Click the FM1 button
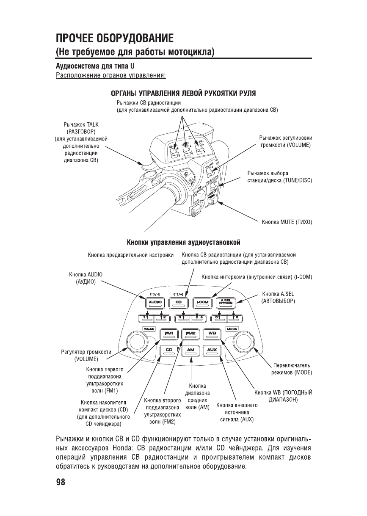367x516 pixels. pos(169,334)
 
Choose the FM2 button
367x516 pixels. pos(190,334)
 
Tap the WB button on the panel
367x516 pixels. pos(212,334)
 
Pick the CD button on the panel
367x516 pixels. pos(169,351)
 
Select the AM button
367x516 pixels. pos(190,351)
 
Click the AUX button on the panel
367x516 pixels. pos(212,351)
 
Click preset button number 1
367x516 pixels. pos(145,318)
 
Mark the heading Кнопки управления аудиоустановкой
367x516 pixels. pos(184,243)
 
